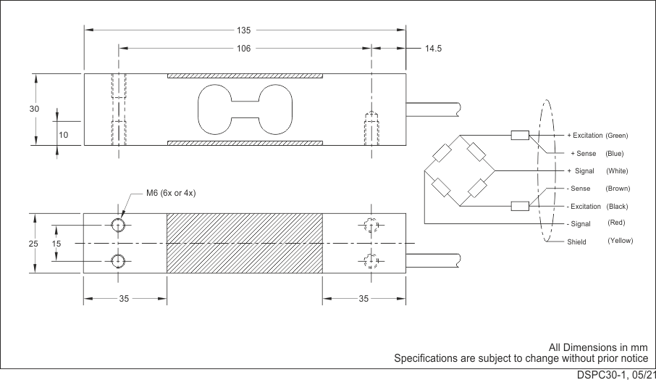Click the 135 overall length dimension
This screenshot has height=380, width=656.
click(243, 30)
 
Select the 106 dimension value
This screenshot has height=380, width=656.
click(243, 49)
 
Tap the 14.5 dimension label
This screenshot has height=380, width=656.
click(433, 49)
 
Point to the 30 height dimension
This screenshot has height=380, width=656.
click(34, 109)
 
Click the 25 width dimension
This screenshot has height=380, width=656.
click(33, 244)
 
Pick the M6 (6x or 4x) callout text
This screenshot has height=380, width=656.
click(172, 193)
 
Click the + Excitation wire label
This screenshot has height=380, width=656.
click(584, 136)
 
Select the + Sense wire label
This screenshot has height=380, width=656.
click(584, 154)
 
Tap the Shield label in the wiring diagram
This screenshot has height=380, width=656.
click(576, 241)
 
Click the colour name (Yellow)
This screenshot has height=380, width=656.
click(620, 240)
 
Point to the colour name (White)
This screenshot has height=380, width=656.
click(617, 171)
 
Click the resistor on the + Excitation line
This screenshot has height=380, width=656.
click(519, 135)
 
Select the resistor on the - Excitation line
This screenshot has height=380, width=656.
click(519, 206)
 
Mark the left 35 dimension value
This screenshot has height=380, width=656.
click(125, 298)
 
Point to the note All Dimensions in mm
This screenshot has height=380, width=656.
click(597, 348)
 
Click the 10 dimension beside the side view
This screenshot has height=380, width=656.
click(64, 135)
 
